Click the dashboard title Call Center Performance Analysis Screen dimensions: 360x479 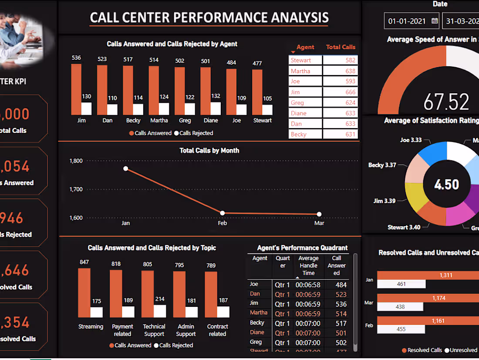tap(209, 17)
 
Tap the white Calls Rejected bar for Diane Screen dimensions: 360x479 tap(216, 109)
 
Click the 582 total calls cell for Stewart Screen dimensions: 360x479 tap(340, 60)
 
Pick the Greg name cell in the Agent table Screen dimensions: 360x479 tap(305, 103)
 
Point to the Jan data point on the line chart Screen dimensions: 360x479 tap(125, 169)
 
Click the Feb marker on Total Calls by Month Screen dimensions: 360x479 tap(223, 213)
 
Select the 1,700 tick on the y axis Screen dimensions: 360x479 tap(76, 190)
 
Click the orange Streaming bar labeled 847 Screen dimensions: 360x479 tap(84, 292)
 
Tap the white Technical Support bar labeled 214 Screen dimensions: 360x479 tap(160, 311)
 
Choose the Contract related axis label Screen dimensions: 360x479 tap(217, 330)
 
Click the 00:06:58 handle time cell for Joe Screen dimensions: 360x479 tap(307, 285)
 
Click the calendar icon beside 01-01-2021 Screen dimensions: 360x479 tap(434, 20)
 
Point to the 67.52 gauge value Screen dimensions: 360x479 tap(446, 102)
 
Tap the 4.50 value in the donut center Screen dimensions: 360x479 tap(446, 184)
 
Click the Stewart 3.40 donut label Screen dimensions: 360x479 tap(404, 227)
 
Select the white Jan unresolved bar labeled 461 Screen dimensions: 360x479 tap(401, 284)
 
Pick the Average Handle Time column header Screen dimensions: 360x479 tap(308, 265)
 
